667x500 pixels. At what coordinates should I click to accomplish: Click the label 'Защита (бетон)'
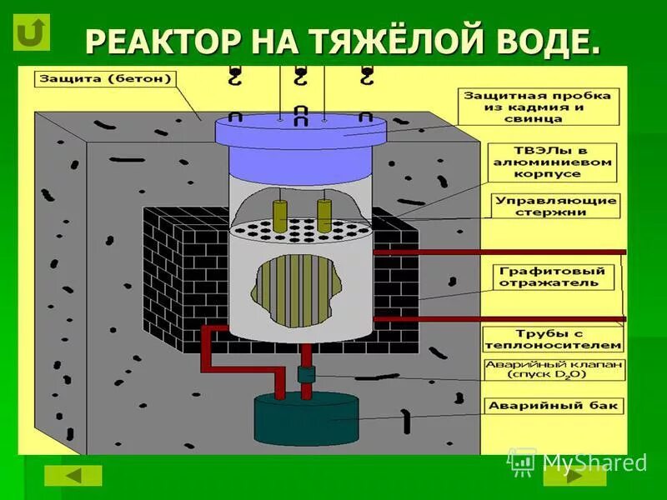(104, 80)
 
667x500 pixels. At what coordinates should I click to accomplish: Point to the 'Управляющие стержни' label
(556, 207)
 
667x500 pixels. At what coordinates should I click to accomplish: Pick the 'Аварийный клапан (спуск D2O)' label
(554, 370)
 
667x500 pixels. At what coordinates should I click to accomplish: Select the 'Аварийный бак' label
(554, 406)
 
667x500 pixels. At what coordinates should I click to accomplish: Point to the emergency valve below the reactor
(306, 374)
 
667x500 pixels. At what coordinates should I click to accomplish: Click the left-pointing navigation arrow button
(73, 475)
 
